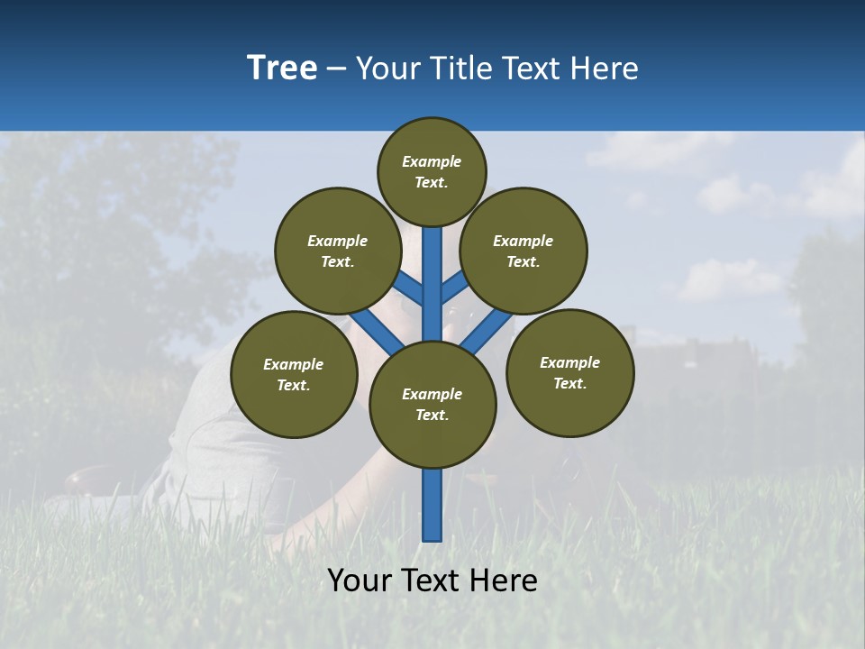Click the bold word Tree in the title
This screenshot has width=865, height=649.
[x=282, y=69]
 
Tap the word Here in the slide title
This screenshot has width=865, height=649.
[x=604, y=69]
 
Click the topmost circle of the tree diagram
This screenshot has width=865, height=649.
[x=432, y=171]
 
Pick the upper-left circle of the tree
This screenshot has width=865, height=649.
[x=338, y=251]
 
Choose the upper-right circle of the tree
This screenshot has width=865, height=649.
[x=524, y=251]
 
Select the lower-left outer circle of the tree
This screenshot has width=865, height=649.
[x=294, y=374]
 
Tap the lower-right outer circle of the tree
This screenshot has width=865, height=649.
[x=569, y=372]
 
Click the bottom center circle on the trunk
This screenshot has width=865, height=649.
[x=432, y=405]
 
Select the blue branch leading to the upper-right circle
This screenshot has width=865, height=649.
[x=455, y=287]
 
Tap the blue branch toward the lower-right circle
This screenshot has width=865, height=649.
[x=487, y=332]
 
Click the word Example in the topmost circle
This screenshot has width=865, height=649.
[x=432, y=162]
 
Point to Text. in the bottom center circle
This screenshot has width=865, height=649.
[x=432, y=416]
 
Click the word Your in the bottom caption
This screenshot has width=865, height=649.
[x=359, y=580]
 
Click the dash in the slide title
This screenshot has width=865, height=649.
[x=336, y=69]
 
